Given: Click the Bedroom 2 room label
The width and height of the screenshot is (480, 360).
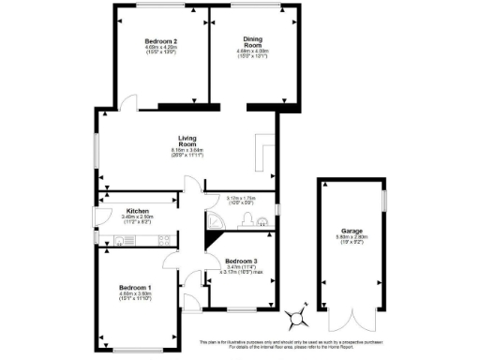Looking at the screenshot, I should point(161,41).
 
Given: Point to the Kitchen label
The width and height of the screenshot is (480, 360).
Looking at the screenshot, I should point(138,212).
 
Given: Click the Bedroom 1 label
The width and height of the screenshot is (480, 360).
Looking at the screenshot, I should point(136,288).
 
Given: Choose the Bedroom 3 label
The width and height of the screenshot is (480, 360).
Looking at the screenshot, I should point(242,261).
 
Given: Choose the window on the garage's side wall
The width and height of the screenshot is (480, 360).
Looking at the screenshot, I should point(384,202).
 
